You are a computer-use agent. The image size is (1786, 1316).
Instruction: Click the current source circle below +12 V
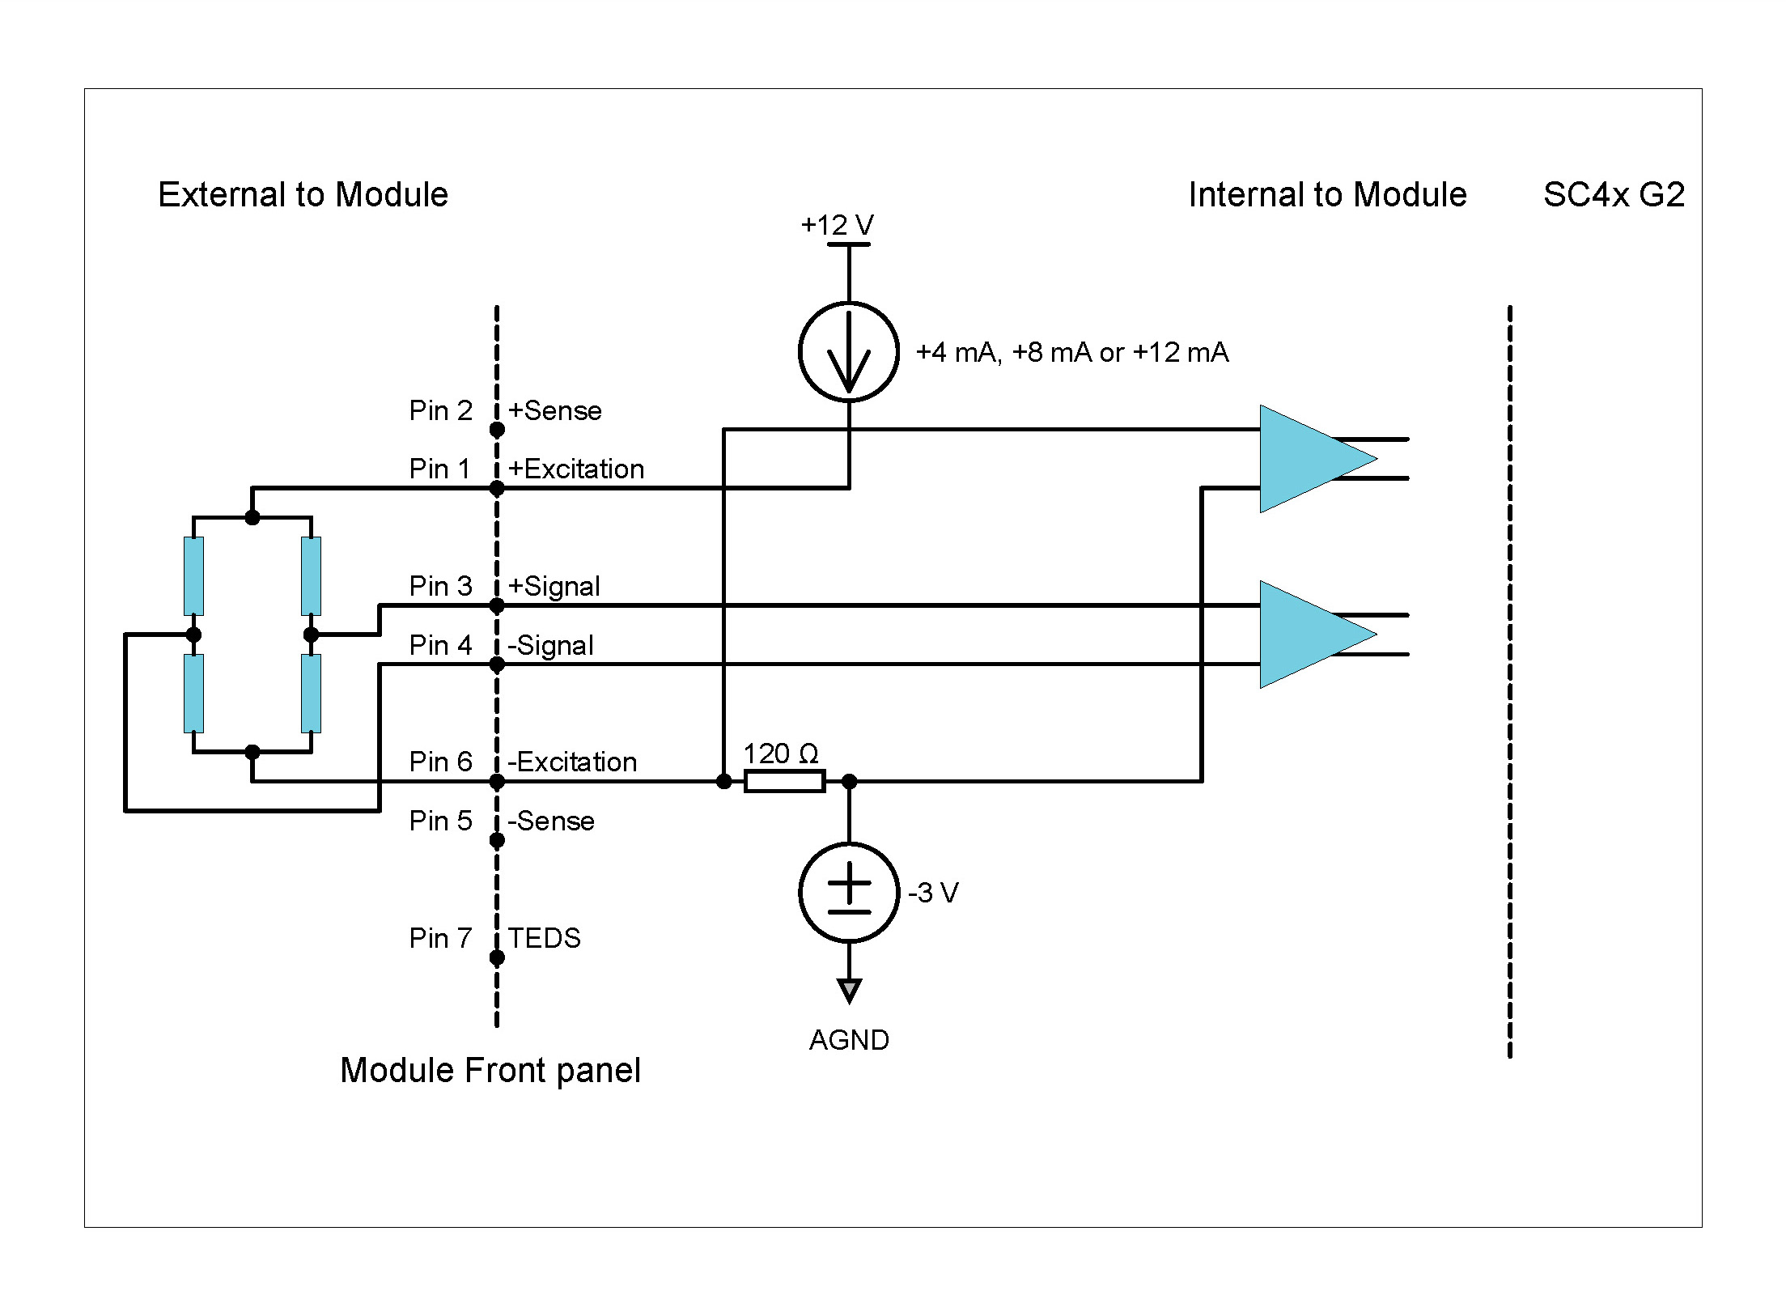848,352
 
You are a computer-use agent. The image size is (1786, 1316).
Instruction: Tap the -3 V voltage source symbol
848,892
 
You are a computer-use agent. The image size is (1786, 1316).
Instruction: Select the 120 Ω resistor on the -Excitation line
783,781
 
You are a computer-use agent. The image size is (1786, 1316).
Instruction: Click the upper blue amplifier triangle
1303,459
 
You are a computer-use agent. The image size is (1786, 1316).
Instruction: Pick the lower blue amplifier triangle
1303,635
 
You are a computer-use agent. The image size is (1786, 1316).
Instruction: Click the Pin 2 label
439,410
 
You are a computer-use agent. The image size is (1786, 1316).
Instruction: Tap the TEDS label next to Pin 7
544,938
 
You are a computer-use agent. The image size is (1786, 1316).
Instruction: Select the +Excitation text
575,469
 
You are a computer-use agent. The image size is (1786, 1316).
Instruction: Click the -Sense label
550,821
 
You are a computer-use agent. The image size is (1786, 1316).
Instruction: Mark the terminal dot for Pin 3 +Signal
497,605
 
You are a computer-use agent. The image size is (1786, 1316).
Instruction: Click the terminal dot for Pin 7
497,957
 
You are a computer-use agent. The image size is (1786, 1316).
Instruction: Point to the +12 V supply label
837,224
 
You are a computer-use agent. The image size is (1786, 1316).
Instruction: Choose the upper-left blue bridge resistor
193,575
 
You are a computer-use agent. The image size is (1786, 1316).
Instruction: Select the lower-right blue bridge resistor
311,693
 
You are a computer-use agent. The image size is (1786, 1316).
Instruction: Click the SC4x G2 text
1614,194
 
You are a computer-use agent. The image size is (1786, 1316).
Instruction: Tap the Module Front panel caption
490,1070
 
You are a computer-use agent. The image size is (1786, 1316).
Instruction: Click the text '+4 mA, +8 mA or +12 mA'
1071,352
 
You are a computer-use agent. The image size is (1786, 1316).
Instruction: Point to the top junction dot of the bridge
252,517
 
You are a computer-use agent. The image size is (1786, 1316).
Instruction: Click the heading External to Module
303,194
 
